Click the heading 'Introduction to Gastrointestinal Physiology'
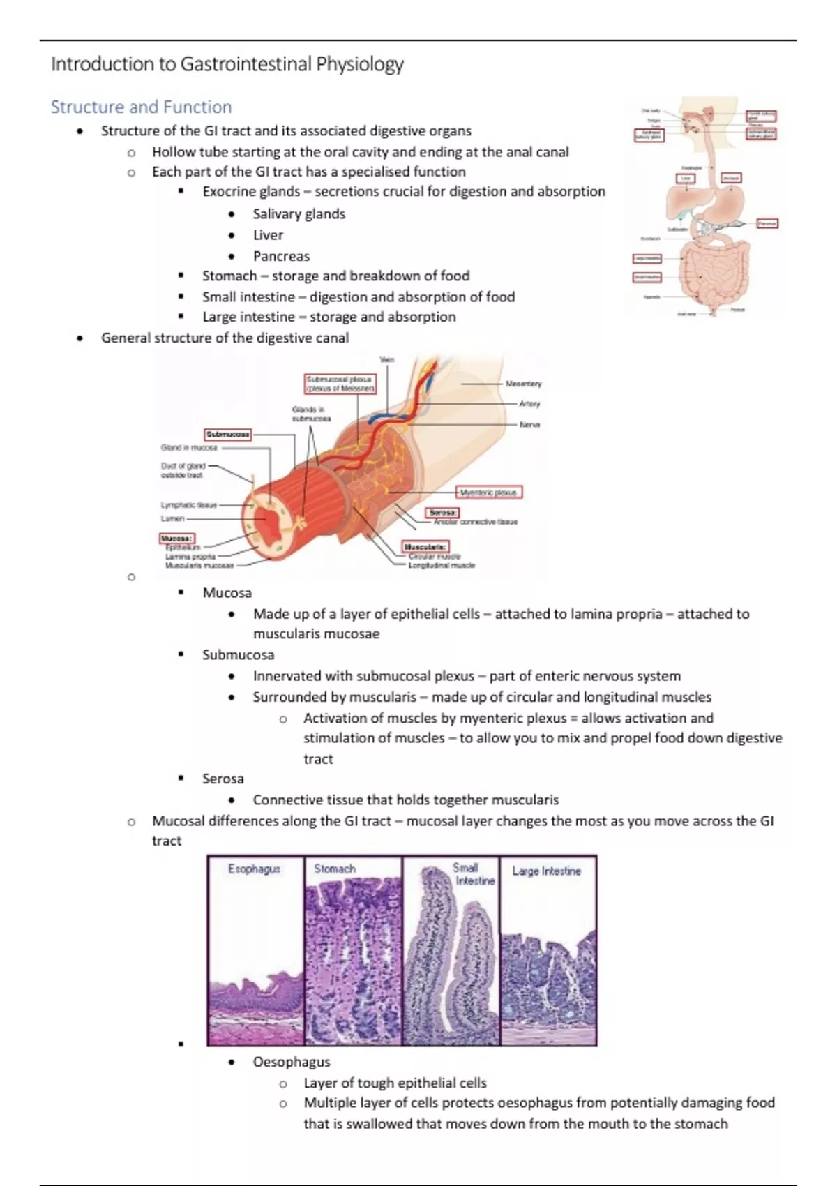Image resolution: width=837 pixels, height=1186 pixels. (x=227, y=64)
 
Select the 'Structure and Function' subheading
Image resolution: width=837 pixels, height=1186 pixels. (x=141, y=107)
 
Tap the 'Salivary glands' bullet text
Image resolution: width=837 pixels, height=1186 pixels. (x=299, y=213)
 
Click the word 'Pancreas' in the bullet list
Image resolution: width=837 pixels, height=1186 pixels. (x=281, y=256)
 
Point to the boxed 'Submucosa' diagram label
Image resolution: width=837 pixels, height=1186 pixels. (x=227, y=434)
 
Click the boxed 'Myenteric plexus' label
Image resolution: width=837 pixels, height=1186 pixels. (x=489, y=492)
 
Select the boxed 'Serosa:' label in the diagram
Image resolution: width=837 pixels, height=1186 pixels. (x=442, y=513)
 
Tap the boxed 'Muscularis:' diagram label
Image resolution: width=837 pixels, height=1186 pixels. (x=425, y=546)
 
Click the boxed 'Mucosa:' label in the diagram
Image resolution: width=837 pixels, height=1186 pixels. (x=176, y=539)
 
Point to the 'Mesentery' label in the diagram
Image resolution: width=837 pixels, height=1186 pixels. (x=523, y=384)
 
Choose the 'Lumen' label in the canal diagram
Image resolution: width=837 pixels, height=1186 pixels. (x=172, y=518)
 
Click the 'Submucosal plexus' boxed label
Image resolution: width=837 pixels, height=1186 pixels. (x=340, y=384)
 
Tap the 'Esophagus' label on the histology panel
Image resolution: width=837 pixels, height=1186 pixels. (x=254, y=869)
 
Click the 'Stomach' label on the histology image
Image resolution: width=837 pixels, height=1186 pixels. (x=335, y=869)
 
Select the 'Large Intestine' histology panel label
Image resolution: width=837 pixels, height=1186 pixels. (x=546, y=871)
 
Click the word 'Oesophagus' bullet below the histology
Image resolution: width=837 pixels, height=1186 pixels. (x=292, y=1062)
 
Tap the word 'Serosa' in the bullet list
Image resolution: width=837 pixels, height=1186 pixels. (x=223, y=779)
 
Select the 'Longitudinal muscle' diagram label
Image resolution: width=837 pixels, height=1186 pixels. (x=441, y=565)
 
